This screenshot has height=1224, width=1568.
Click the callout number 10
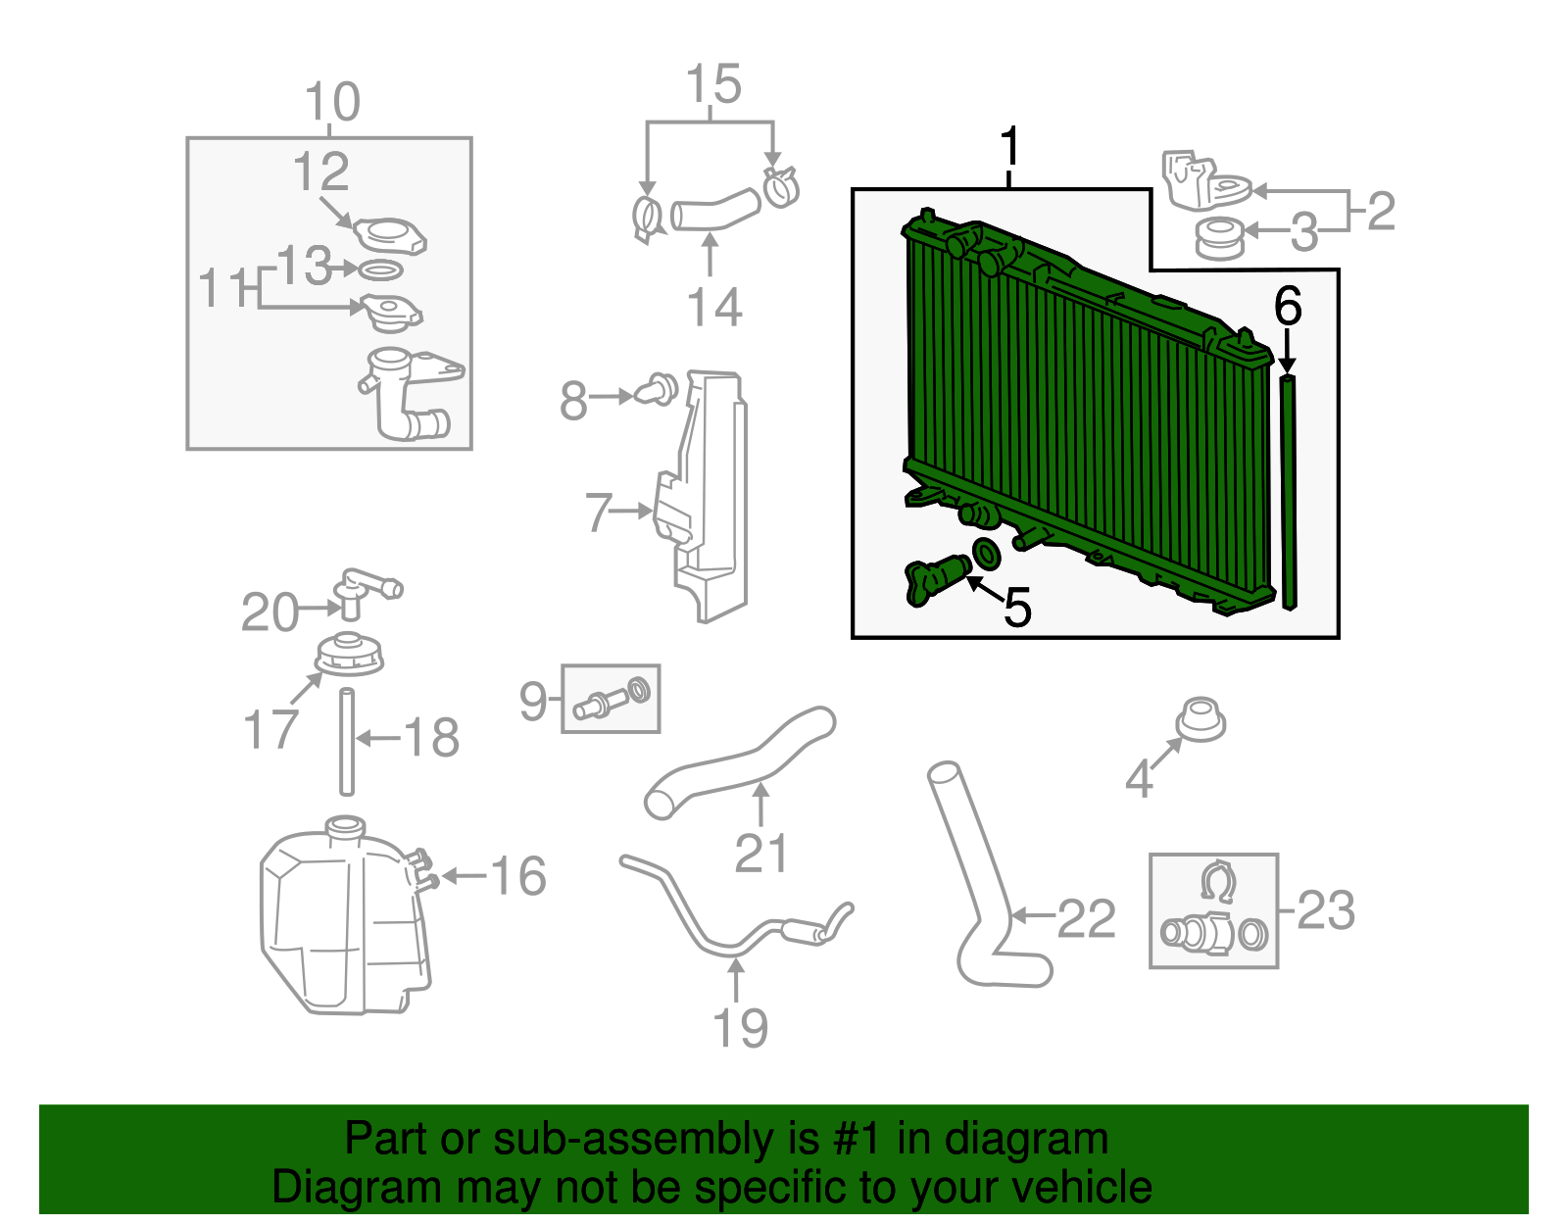coord(332,102)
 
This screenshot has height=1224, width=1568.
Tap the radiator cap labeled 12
coord(390,236)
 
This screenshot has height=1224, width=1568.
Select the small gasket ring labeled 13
coord(381,269)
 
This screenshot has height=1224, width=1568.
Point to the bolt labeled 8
coord(657,389)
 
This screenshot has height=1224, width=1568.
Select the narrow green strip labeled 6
coord(1289,490)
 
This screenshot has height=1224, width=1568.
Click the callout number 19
coord(740,1028)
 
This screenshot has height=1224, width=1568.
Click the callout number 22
coord(1086,918)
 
